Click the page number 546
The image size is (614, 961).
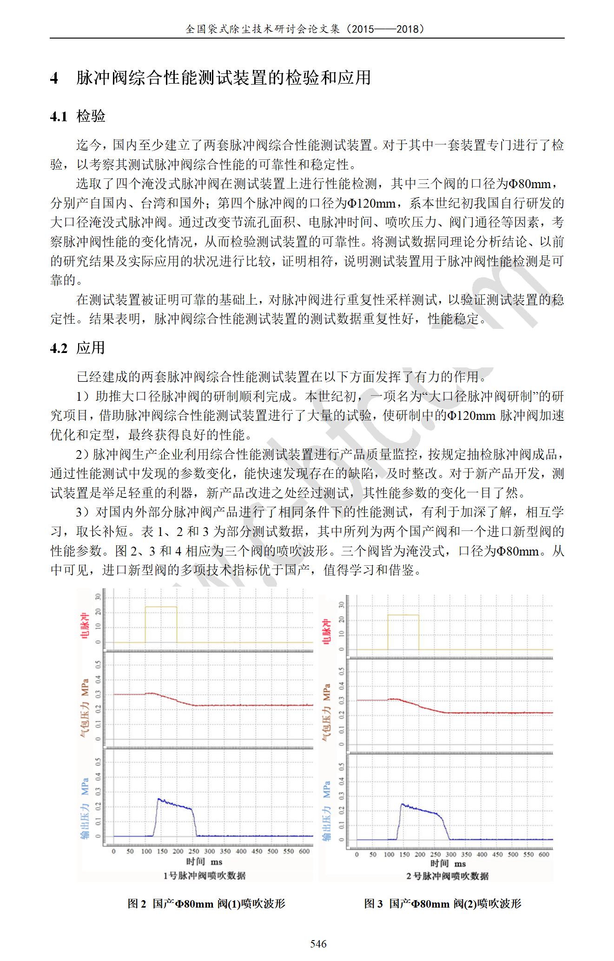click(318, 943)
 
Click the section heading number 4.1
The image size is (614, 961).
click(59, 116)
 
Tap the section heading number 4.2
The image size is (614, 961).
click(59, 348)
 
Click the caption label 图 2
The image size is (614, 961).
click(137, 903)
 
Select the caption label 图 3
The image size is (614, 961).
click(373, 903)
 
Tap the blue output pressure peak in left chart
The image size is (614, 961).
click(159, 799)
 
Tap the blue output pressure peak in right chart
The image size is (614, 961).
click(403, 804)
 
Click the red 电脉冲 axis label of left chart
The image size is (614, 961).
click(85, 626)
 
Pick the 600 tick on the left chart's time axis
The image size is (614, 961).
click(304, 851)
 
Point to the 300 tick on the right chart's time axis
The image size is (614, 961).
click(451, 854)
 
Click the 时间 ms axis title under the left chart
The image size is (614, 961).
click(204, 862)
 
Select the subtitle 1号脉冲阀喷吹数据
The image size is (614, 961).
click(204, 876)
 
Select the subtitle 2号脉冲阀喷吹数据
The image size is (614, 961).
click(447, 876)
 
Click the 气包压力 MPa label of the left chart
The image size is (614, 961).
click(85, 709)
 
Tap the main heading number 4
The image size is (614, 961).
click(54, 78)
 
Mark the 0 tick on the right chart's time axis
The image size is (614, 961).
click(357, 854)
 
